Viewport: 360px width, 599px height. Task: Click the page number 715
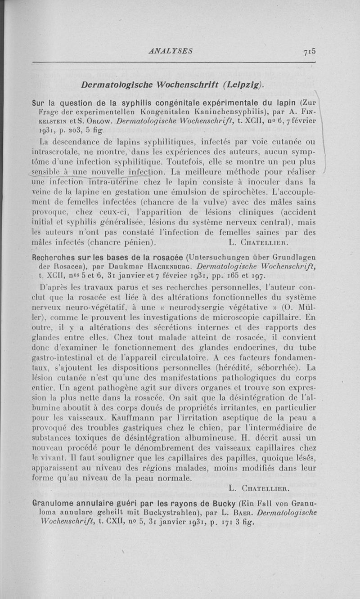point(309,51)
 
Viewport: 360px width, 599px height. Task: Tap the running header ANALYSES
point(171,51)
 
